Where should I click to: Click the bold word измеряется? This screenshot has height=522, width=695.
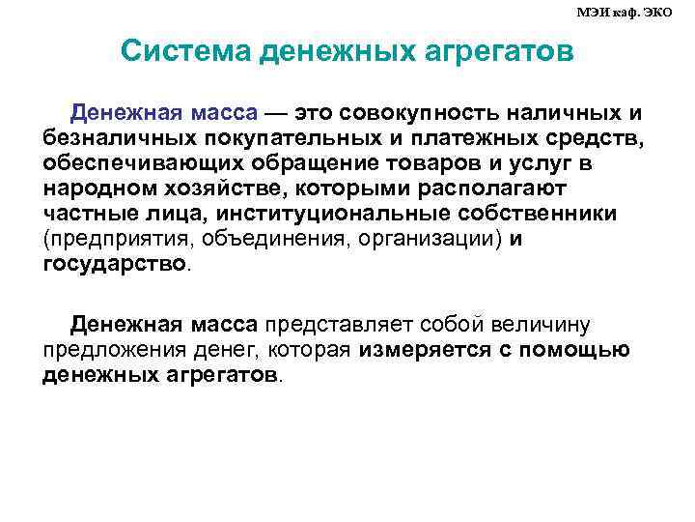(x=431, y=349)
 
